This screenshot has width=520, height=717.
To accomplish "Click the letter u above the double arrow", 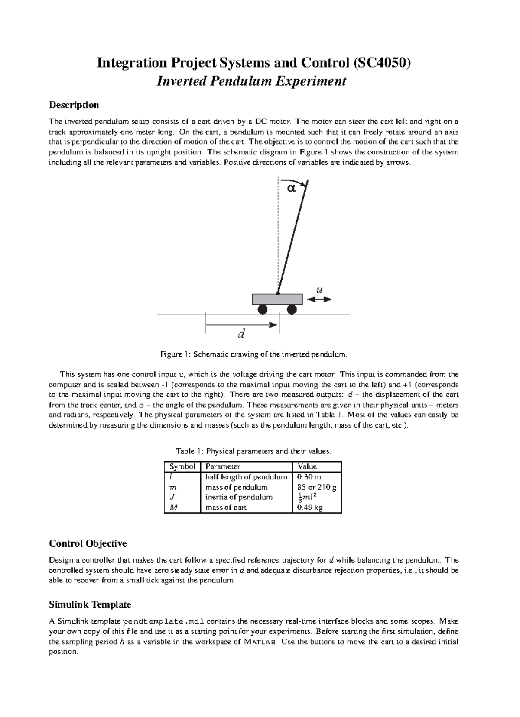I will (320, 290).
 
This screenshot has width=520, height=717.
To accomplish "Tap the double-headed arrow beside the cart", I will (319, 299).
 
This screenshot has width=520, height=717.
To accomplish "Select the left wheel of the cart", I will (263, 309).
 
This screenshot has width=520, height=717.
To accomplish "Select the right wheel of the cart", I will (292, 309).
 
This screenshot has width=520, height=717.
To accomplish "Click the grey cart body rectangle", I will (277, 299).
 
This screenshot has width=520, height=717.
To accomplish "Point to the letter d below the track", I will (242, 334).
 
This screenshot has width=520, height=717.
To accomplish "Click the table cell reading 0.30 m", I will (308, 477).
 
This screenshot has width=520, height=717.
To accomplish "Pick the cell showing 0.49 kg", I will (308, 508).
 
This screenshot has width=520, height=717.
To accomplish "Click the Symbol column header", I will (182, 467).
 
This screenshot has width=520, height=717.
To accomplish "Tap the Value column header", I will (307, 467).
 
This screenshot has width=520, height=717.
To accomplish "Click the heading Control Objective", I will (88, 543).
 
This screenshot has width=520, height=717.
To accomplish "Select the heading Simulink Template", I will (90, 604).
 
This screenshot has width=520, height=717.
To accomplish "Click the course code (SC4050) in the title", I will (381, 64).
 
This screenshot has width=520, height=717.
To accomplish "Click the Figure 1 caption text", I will (254, 354).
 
